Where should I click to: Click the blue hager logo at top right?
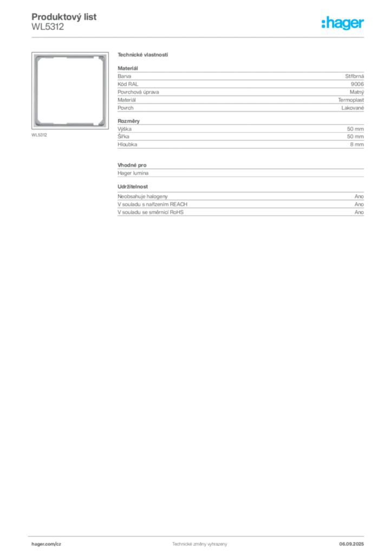(x=343, y=23)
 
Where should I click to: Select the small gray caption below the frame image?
(x=39, y=134)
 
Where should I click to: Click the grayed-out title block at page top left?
(x=64, y=21)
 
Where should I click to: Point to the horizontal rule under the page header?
(x=199, y=37)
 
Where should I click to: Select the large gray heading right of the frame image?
(x=143, y=55)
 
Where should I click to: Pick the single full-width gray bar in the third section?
(x=240, y=171)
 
